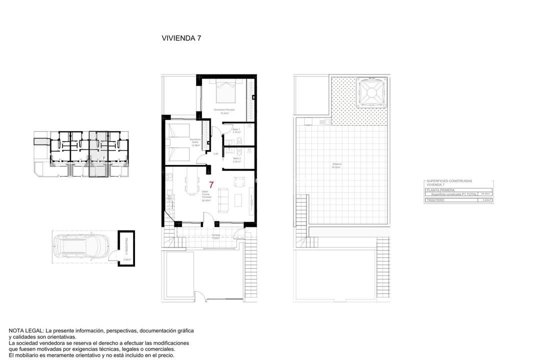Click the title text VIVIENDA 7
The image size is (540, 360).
click(x=181, y=38)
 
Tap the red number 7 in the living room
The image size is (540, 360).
click(x=211, y=185)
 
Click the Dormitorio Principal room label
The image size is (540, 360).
click(x=224, y=109)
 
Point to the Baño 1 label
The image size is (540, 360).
click(x=236, y=130)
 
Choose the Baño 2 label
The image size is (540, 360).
click(x=236, y=158)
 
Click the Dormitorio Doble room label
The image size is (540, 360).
click(x=195, y=141)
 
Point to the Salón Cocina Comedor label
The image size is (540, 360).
click(x=206, y=195)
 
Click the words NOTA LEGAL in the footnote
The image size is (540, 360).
click(x=26, y=331)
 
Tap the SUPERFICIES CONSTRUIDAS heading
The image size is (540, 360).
click(x=449, y=181)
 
